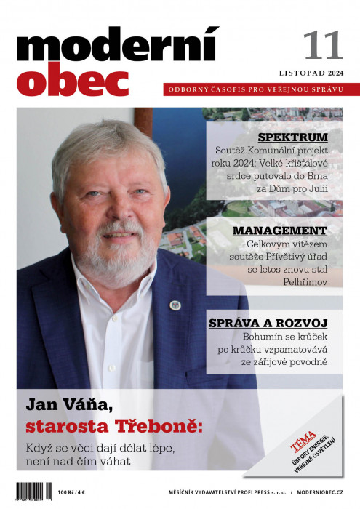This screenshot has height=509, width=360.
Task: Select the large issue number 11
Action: coord(323,46)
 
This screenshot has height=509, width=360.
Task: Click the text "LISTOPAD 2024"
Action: coord(311,73)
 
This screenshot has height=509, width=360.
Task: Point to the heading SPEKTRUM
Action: coord(293,137)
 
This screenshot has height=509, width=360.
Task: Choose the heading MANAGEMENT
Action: coord(280,231)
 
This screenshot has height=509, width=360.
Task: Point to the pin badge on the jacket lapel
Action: coord(175,304)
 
